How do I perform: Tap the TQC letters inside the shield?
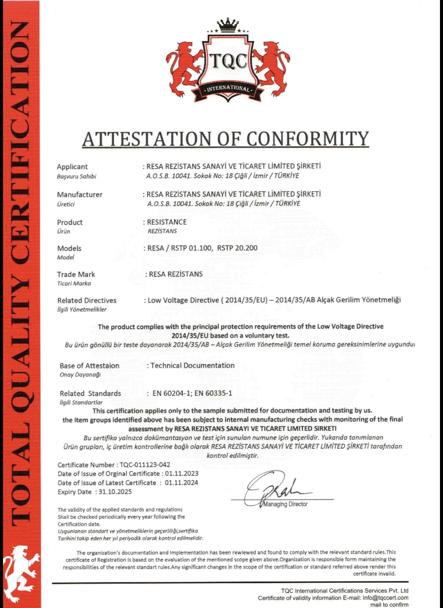point(228,61)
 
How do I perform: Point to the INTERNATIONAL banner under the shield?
point(228,89)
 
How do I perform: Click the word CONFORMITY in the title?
point(308,138)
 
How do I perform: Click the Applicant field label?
point(72,167)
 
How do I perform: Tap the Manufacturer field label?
point(80,195)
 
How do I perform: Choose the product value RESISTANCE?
point(167,222)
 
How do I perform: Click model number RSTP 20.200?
point(237,248)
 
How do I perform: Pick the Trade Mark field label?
point(76,274)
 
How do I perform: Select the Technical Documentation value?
point(192,365)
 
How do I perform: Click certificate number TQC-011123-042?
point(145,465)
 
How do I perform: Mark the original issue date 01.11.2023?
point(182,474)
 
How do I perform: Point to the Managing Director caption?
point(286,504)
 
